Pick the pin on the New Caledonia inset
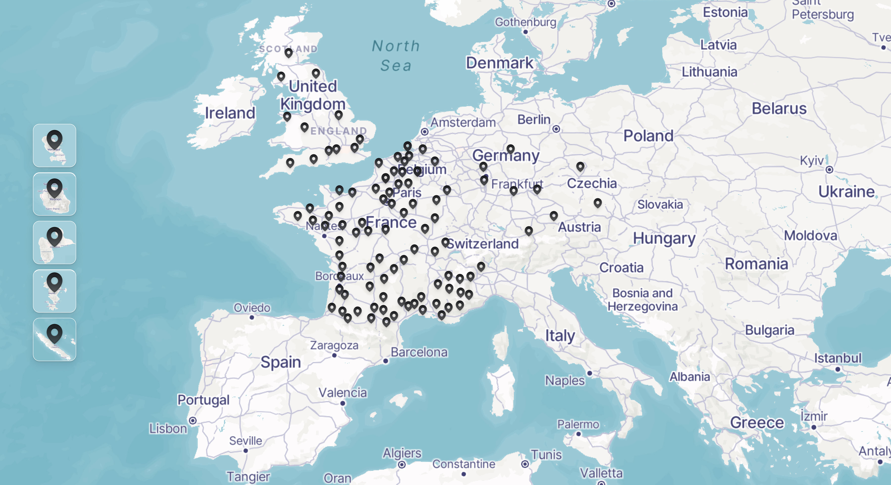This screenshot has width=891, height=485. pyautogui.click(x=54, y=332)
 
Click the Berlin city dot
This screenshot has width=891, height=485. pyautogui.click(x=556, y=129)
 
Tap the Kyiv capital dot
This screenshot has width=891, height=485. pyautogui.click(x=829, y=169)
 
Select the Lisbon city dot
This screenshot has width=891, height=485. pyautogui.click(x=193, y=420)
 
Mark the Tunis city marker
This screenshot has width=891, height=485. pyautogui.click(x=525, y=464)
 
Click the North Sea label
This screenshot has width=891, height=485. pyautogui.click(x=396, y=56)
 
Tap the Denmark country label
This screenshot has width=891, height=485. pyautogui.click(x=500, y=63)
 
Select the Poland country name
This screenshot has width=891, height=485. pyautogui.click(x=648, y=136)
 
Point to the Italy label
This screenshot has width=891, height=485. pyautogui.click(x=560, y=335)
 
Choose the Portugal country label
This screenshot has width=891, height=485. pyautogui.click(x=203, y=400)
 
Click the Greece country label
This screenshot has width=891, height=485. pyautogui.click(x=757, y=422)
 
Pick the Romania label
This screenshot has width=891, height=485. pyautogui.click(x=756, y=264)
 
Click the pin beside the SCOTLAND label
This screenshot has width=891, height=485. pyautogui.click(x=288, y=53)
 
